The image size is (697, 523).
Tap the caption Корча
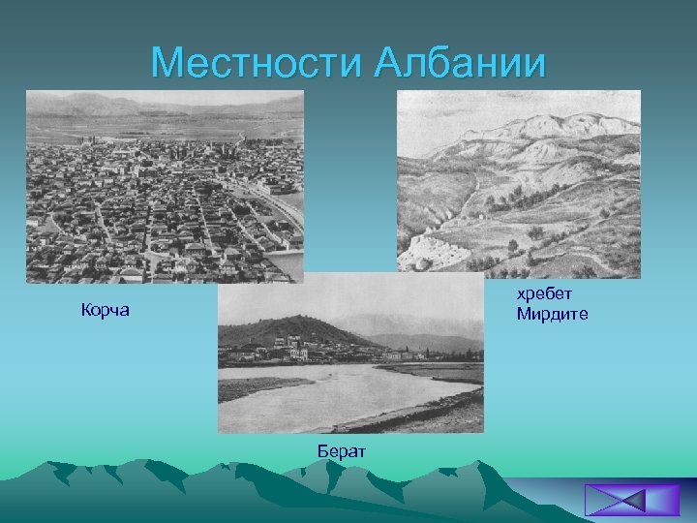point(105,312)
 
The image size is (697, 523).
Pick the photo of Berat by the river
point(349,354)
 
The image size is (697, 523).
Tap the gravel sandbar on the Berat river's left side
point(252,387)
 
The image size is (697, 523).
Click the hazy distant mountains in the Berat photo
point(436,324)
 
